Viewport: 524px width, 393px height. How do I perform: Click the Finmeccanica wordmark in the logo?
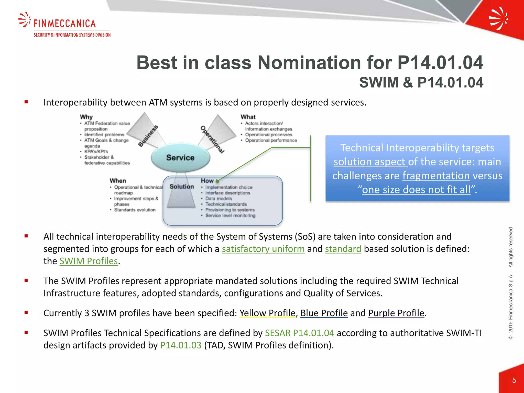[64, 24]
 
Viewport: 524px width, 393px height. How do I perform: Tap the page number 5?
[514, 380]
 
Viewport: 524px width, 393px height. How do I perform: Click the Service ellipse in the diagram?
[180, 158]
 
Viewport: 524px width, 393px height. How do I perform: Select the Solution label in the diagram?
[182, 187]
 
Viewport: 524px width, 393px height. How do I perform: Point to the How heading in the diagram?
[207, 181]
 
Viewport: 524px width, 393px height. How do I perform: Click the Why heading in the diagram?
[86, 117]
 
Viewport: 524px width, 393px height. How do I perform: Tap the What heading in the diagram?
[248, 117]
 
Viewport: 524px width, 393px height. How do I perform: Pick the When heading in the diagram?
[118, 181]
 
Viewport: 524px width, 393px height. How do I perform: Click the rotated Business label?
[148, 136]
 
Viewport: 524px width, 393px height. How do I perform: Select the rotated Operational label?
[212, 139]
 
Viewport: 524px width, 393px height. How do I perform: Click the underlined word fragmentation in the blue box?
[436, 176]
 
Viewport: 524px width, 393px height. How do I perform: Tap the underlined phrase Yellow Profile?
[267, 313]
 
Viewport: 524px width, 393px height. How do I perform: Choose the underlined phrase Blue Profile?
[324, 313]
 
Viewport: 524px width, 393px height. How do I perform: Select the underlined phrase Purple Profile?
[396, 313]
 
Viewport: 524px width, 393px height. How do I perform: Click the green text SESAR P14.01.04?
[299, 333]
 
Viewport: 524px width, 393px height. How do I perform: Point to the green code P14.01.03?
[181, 345]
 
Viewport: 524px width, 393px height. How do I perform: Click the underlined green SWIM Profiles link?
[89, 261]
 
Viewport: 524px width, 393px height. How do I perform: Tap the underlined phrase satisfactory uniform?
[263, 249]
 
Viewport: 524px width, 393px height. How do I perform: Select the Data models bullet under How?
[219, 199]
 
